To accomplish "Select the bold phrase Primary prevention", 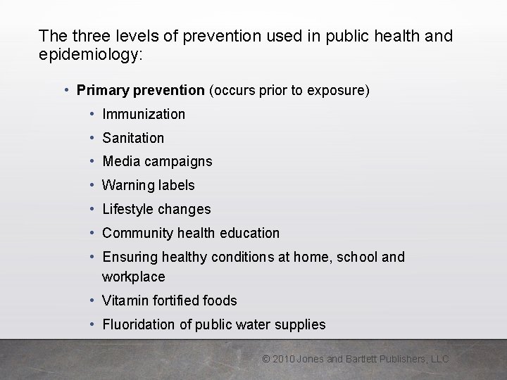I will coord(140,91).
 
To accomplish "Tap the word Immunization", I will coord(144,114).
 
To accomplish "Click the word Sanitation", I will coord(133,138).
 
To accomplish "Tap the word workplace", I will coord(133,277).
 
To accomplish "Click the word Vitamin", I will coord(125,300).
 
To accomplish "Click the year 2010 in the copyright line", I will coord(283,359).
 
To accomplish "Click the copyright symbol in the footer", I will coord(266,359).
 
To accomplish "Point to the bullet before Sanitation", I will coord(93,138).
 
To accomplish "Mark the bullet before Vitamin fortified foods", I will coord(93,300).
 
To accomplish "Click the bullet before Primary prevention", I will coord(66,91).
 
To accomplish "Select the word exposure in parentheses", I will coord(339,91).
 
